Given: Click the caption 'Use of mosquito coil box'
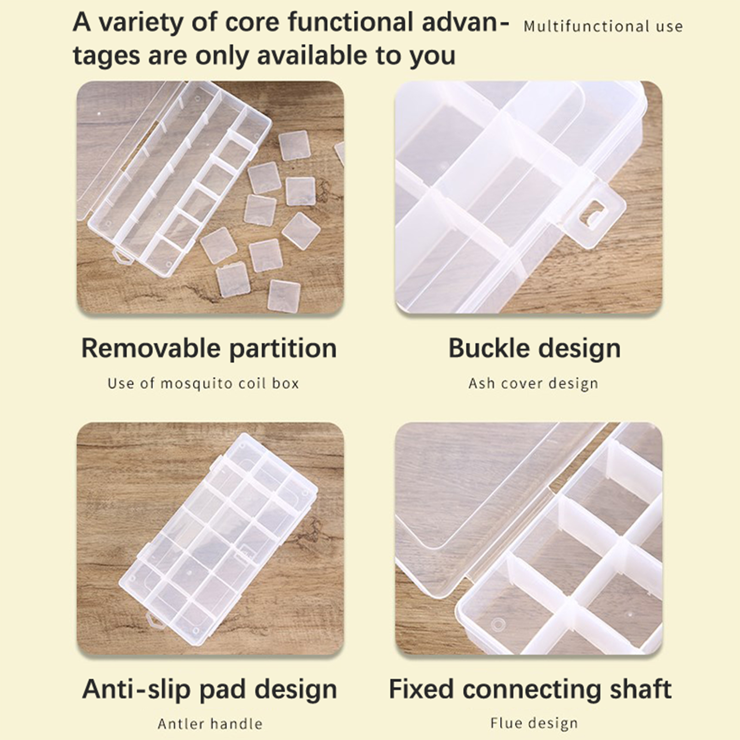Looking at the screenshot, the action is [203, 384].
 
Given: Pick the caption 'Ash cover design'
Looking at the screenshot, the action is [533, 384].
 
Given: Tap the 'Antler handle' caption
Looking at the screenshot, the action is [210, 724].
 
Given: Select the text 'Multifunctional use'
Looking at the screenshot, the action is [603, 26].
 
